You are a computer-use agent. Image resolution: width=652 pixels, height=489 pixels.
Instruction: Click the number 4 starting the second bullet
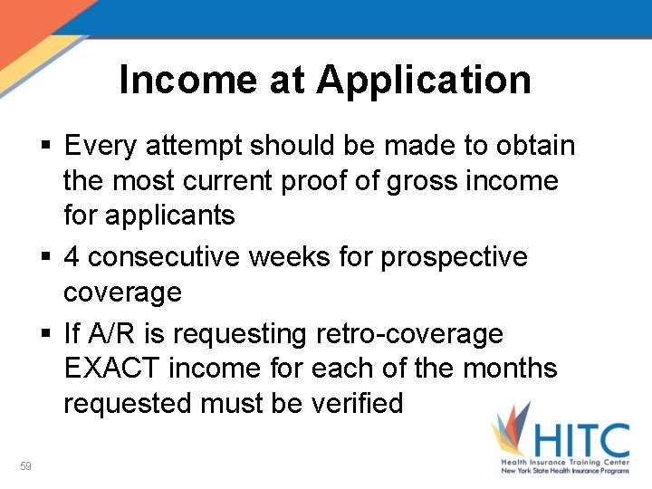click(72, 257)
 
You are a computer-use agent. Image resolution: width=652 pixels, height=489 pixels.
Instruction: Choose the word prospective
click(454, 257)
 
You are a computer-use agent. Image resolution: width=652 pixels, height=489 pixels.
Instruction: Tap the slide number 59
click(25, 465)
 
